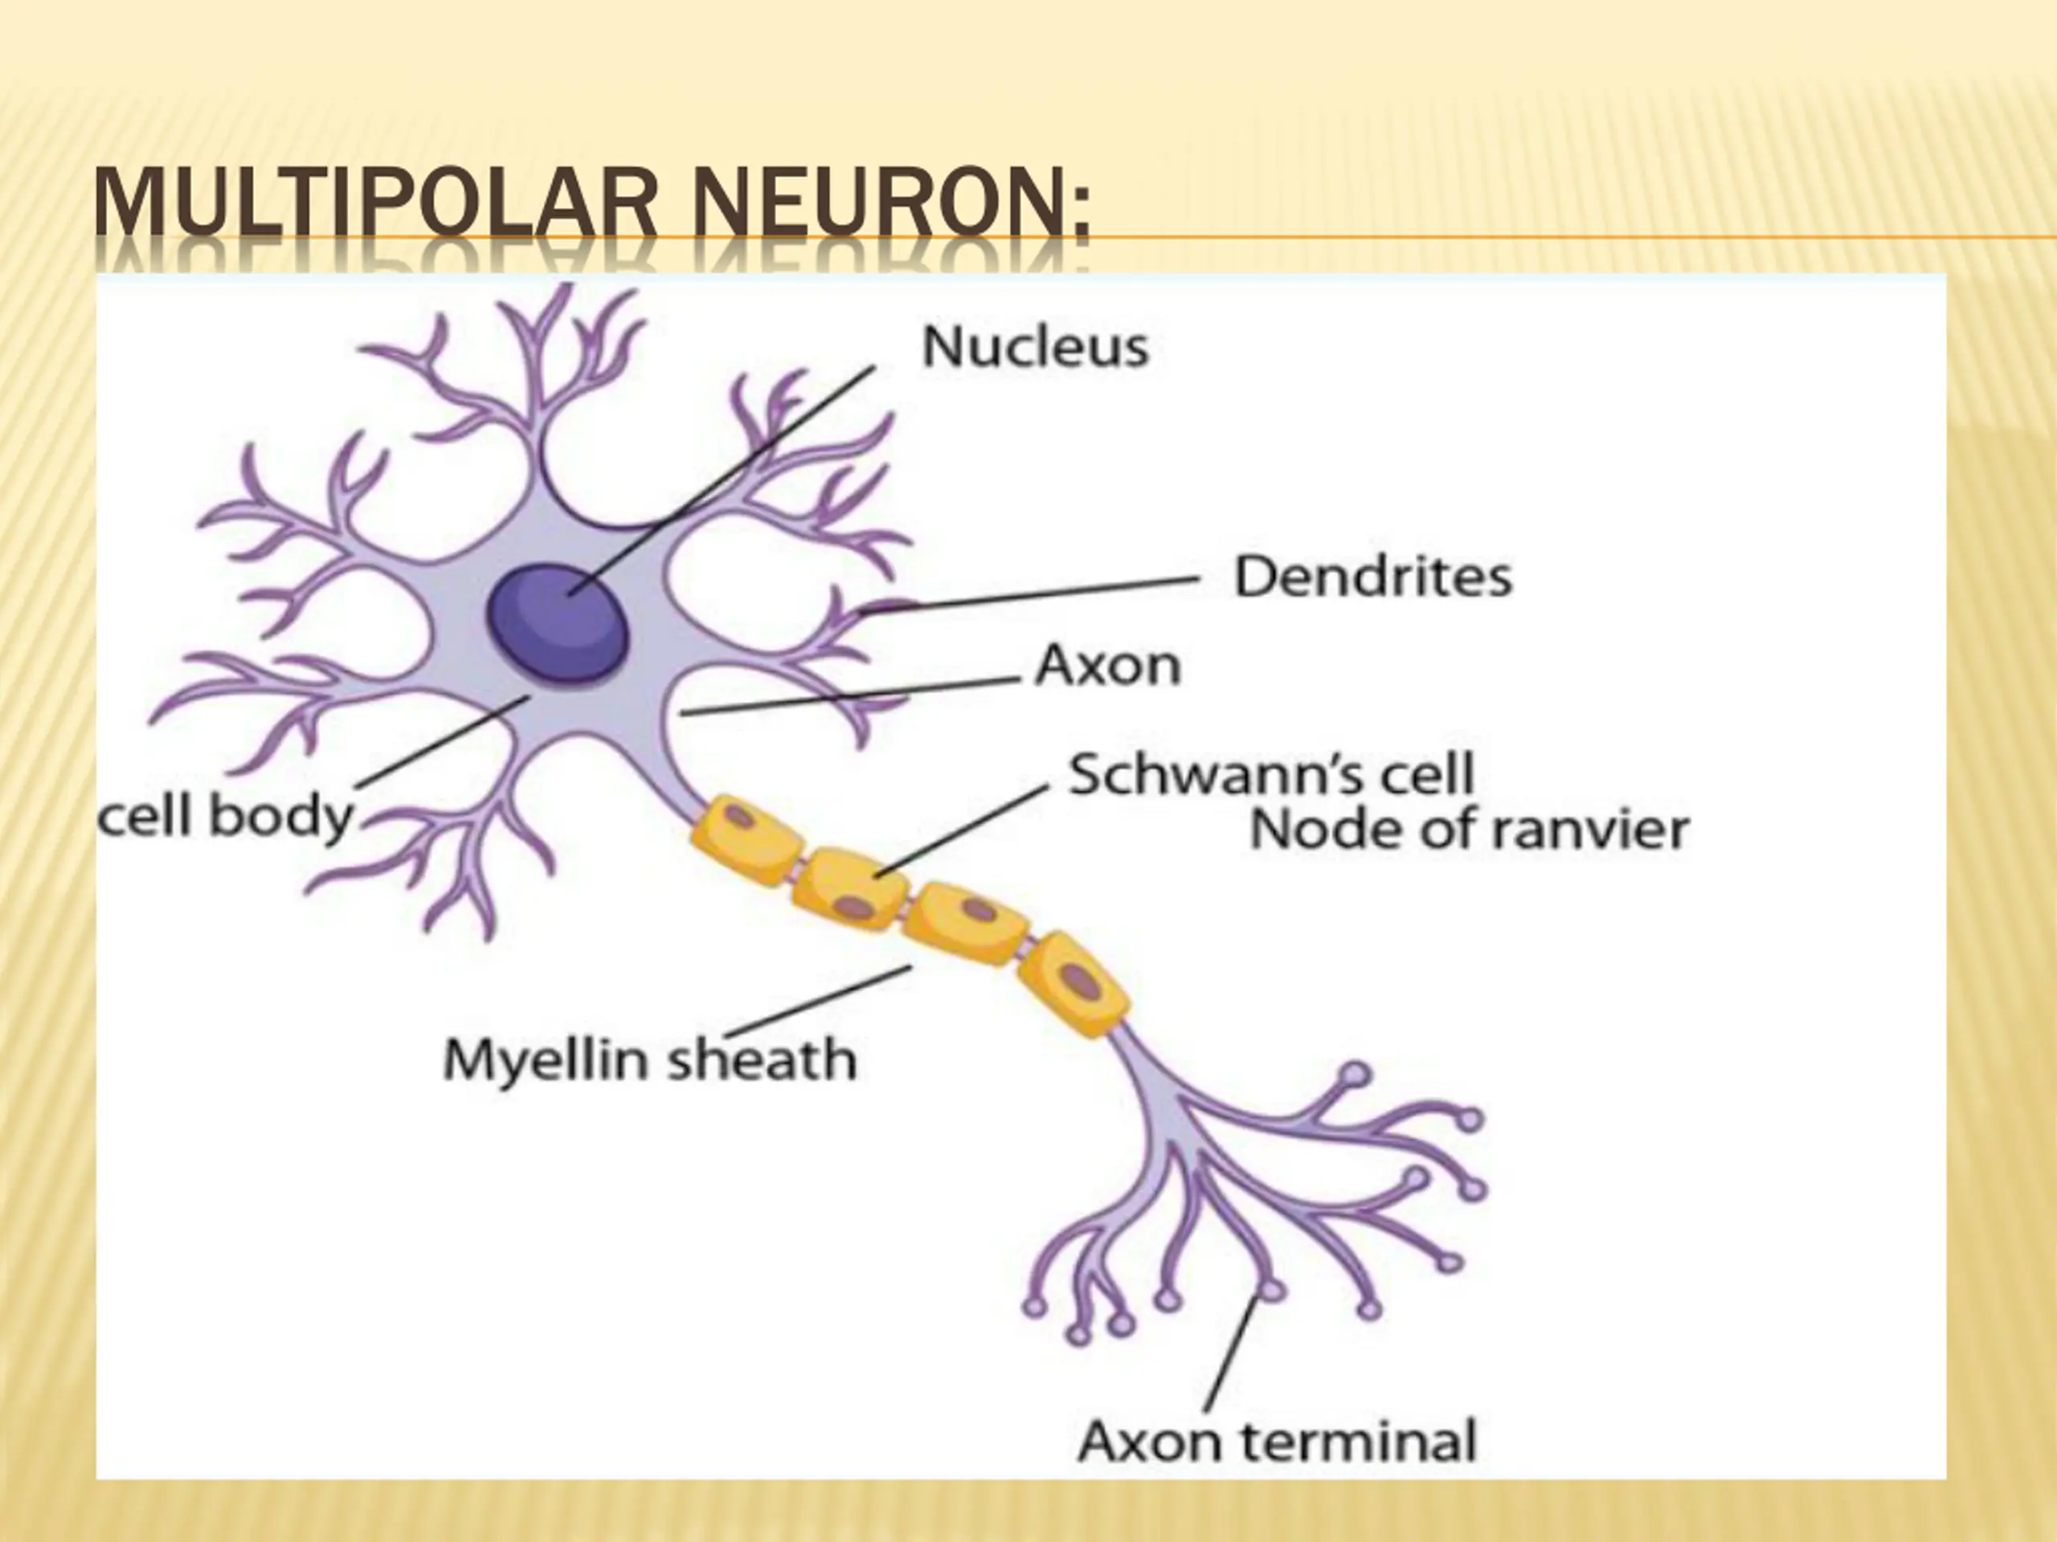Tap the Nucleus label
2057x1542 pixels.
pyautogui.click(x=1035, y=348)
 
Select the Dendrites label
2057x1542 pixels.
pyautogui.click(x=1372, y=577)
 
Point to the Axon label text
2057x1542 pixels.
pyautogui.click(x=1107, y=666)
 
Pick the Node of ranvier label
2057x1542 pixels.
pyautogui.click(x=1468, y=830)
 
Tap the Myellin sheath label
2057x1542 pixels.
pyautogui.click(x=649, y=1059)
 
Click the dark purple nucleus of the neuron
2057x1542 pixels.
pyautogui.click(x=558, y=625)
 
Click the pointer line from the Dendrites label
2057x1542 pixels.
pyautogui.click(x=1033, y=595)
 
